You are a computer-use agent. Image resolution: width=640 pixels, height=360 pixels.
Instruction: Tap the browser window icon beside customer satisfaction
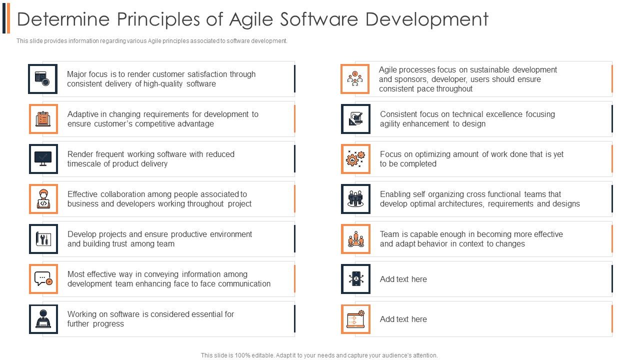[x=42, y=79]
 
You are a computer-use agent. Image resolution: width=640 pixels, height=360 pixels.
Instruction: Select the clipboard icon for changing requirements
[x=43, y=119]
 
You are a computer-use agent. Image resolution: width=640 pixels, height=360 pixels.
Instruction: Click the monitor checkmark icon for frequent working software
[x=43, y=159]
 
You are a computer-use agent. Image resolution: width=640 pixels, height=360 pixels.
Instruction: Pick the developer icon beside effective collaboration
[x=43, y=199]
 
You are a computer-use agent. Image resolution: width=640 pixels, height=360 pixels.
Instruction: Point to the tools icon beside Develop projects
[x=43, y=239]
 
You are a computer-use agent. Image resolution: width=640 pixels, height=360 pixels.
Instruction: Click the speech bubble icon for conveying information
[x=43, y=279]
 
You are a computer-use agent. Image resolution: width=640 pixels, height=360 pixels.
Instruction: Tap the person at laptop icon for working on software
[x=43, y=319]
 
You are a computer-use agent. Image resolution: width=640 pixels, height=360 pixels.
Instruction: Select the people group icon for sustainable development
[x=355, y=79]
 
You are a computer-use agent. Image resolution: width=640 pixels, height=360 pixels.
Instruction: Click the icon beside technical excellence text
[x=355, y=119]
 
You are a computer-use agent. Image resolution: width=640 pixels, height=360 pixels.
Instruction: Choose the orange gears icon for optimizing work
[x=355, y=159]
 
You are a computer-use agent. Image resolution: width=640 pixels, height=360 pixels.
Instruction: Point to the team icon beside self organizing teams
[x=355, y=199]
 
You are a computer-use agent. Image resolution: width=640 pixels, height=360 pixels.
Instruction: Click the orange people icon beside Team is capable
[x=355, y=239]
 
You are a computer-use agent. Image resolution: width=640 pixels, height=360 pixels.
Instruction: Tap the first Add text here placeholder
[x=403, y=279]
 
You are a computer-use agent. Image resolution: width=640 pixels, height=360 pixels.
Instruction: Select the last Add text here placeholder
[x=403, y=319]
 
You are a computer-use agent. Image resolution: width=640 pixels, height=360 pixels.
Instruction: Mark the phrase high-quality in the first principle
[x=163, y=84]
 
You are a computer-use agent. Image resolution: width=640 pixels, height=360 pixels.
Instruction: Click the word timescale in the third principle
[x=85, y=164]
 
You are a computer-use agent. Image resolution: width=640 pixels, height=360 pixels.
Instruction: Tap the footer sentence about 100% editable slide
[x=319, y=355]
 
